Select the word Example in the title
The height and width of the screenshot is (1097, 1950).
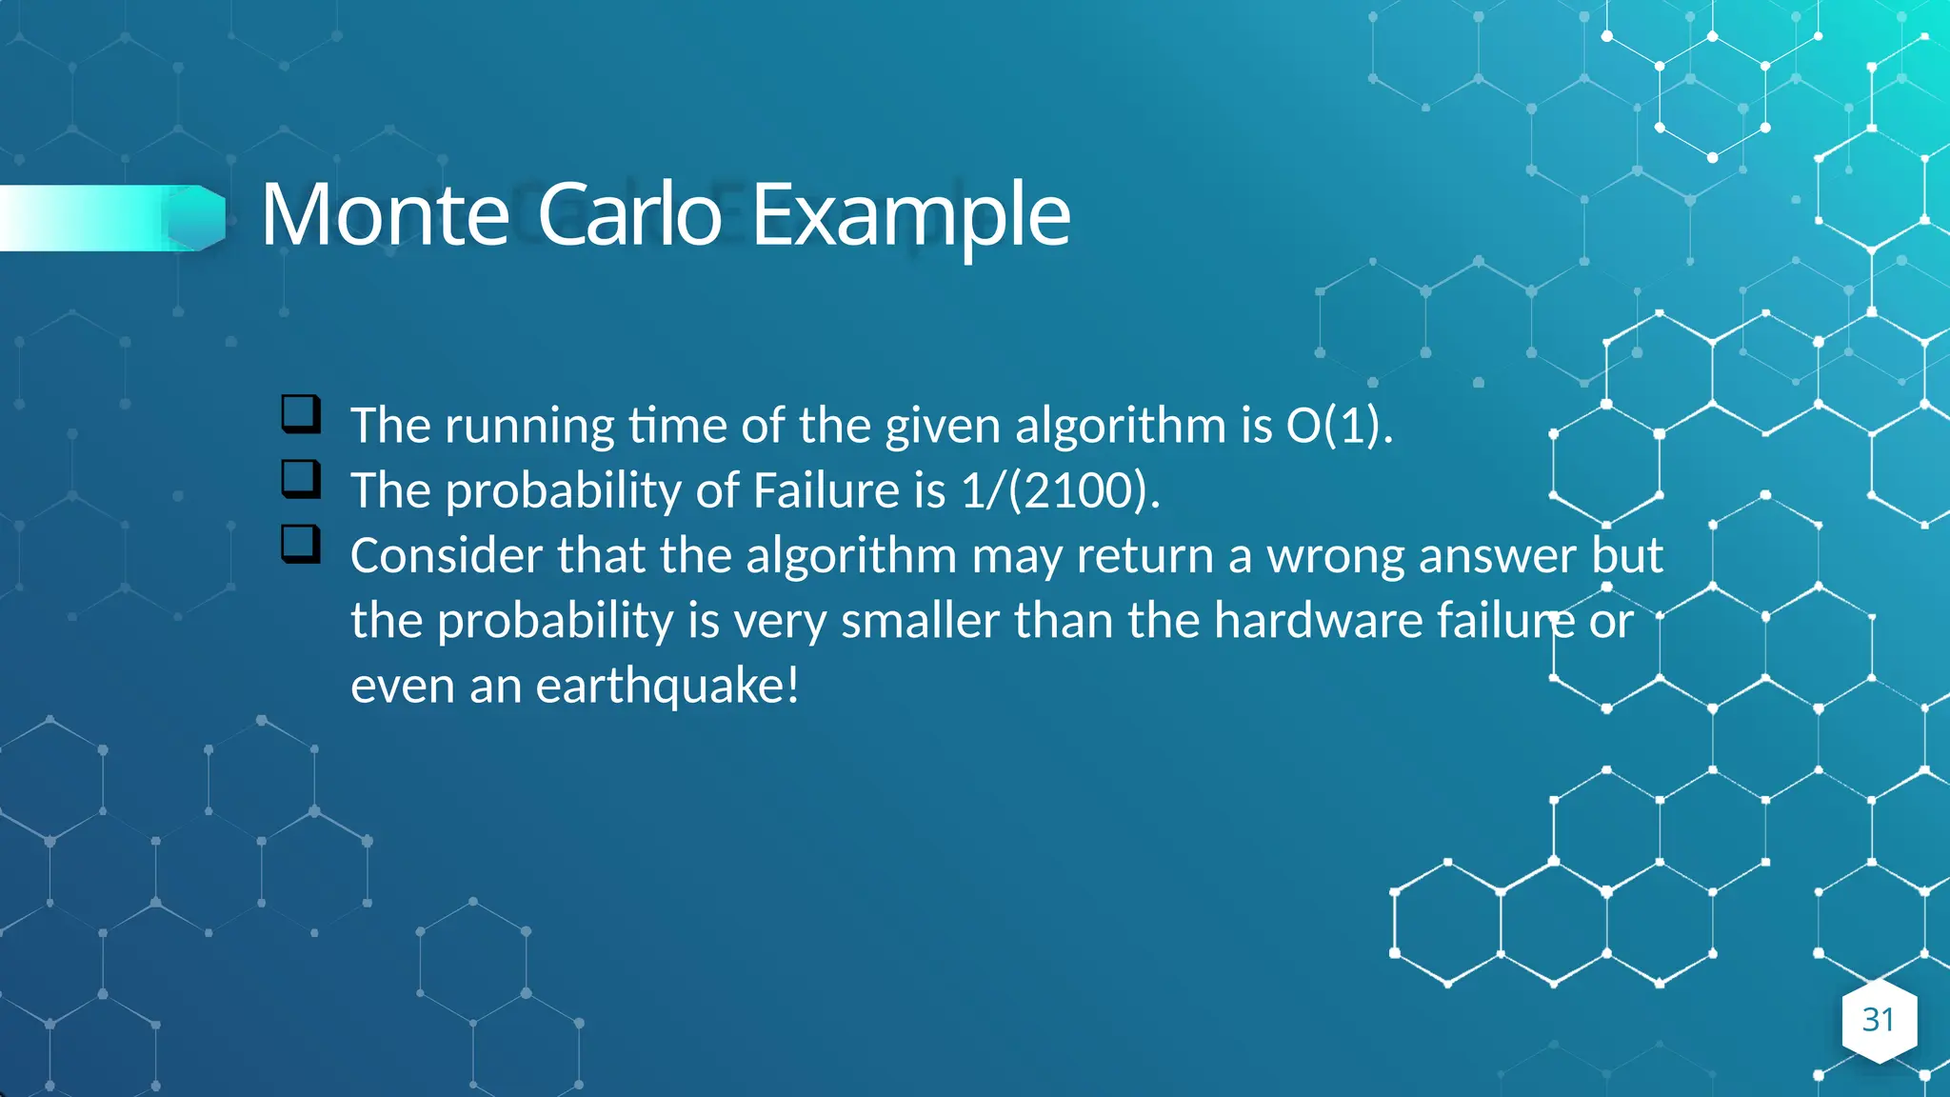[911, 217]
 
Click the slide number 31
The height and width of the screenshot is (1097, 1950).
[1878, 1020]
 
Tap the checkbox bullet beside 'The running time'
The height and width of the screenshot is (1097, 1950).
[301, 414]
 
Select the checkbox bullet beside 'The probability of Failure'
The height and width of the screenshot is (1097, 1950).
[301, 479]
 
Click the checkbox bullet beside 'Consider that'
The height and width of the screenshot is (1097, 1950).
[301, 544]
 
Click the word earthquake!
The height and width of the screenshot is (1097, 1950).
[667, 687]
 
